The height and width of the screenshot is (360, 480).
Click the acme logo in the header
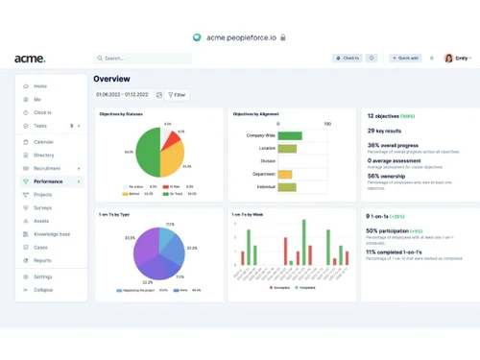29,59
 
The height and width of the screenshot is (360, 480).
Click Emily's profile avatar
448,58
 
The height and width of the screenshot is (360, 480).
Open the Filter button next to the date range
178,95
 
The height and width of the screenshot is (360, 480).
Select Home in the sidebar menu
40,86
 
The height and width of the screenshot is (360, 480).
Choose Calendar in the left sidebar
43,141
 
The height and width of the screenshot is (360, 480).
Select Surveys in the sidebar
43,206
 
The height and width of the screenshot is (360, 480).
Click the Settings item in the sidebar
43,276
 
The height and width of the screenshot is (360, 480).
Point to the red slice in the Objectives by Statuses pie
171,142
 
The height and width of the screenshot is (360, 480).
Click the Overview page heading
111,79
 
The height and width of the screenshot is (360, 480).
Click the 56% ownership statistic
388,176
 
